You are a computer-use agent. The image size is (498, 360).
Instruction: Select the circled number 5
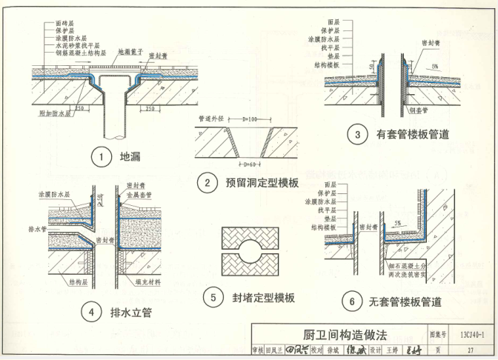click(213, 298)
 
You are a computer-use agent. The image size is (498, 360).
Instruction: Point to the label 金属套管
click(139, 195)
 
